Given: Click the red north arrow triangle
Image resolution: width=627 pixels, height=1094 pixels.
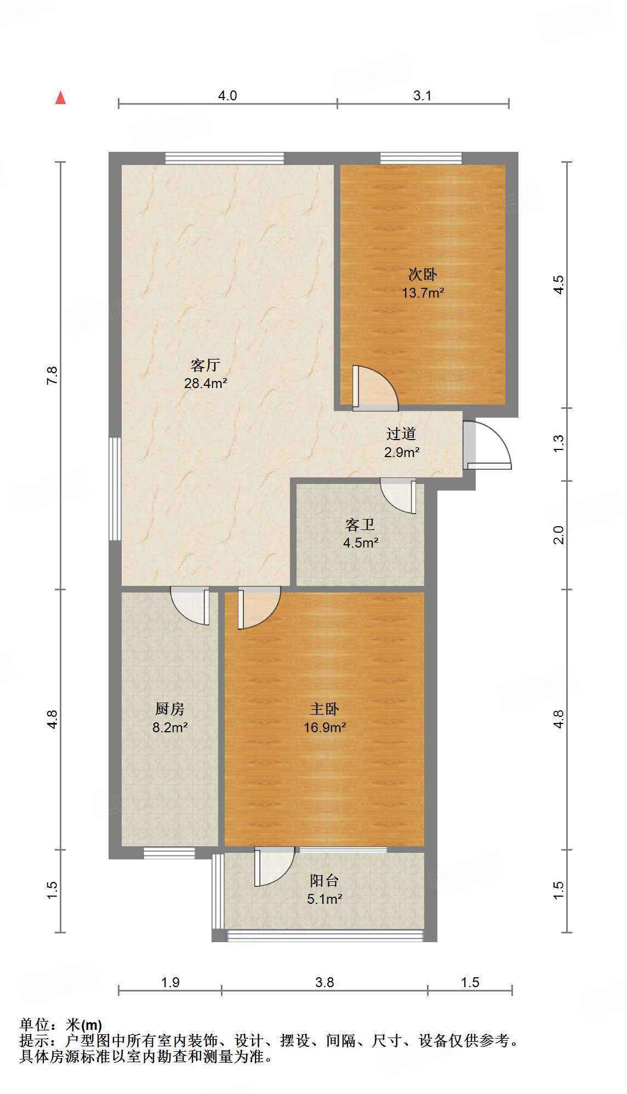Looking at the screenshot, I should coord(61,98).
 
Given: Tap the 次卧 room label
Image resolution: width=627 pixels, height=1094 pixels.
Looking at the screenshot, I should coord(423,274).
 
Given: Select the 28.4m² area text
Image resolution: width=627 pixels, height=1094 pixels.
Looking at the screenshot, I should coord(206,383).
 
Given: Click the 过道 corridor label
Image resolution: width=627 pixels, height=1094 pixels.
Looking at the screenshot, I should coord(401,434).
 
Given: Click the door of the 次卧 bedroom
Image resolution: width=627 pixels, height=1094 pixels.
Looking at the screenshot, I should coord(374,388).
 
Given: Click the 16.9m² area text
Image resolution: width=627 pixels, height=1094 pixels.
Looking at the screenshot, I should coord(325,727).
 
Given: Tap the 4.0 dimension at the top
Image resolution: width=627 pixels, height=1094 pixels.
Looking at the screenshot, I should coord(227,95).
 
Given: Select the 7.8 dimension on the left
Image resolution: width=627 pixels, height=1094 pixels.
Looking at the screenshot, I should coord(52,375).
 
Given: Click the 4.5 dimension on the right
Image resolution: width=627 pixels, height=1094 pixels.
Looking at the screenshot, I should coord(558,285).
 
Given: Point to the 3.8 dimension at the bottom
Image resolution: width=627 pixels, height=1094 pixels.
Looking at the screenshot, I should coord(324,982).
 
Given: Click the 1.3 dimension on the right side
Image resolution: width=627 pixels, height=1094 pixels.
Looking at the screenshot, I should coord(558,443).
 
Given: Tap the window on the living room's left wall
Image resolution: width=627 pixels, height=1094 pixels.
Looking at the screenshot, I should coord(115,488).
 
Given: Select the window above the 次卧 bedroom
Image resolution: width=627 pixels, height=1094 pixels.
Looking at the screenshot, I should coord(421,158).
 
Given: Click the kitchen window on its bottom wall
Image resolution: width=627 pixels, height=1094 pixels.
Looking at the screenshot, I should coord(169,853).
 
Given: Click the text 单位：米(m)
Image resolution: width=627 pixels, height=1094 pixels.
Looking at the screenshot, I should coord(61,1024).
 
